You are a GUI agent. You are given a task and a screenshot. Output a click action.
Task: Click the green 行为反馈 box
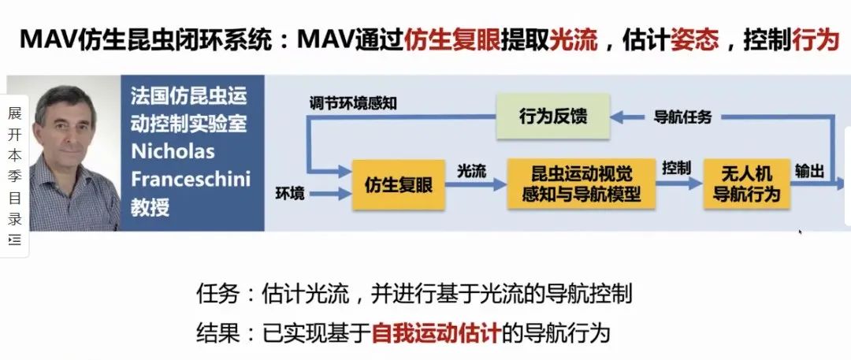553,117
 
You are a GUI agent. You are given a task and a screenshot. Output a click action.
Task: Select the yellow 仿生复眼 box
399,184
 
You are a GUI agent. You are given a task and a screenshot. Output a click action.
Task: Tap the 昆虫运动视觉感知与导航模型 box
582,184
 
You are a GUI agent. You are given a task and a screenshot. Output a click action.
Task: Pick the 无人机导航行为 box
746,184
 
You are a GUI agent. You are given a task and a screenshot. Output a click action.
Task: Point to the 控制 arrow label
676,168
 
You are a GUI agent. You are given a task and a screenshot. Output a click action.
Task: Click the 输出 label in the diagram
810,172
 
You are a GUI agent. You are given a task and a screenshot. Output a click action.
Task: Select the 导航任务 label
682,117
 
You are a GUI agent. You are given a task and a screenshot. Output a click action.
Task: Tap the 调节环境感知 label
353,103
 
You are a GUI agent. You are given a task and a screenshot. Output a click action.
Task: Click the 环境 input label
290,194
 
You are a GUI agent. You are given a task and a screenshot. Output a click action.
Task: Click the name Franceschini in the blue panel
191,179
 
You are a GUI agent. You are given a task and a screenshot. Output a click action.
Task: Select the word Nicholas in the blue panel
173,151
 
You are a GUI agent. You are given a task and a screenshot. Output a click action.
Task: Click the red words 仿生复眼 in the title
452,40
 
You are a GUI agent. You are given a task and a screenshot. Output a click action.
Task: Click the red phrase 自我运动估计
435,333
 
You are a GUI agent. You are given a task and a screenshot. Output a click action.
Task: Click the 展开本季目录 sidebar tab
15,176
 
